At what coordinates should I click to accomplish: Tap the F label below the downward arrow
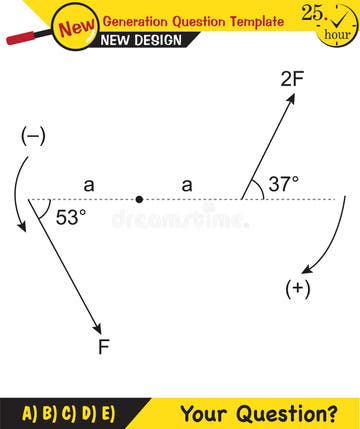click(103, 347)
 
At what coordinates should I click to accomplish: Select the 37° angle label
click(285, 184)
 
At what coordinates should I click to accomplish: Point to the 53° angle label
click(70, 216)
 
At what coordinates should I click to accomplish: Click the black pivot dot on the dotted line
click(139, 199)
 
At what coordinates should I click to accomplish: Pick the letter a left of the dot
click(88, 184)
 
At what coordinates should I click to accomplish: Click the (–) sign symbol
click(32, 137)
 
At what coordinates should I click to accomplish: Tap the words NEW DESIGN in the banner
click(142, 40)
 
